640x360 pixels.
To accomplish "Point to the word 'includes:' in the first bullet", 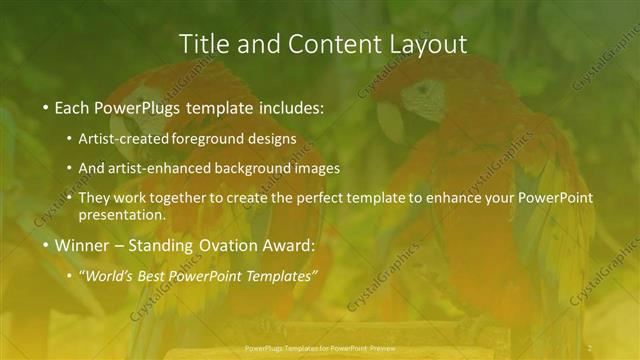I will point(289,105).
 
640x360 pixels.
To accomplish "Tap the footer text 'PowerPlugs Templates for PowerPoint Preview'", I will point(316,350).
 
